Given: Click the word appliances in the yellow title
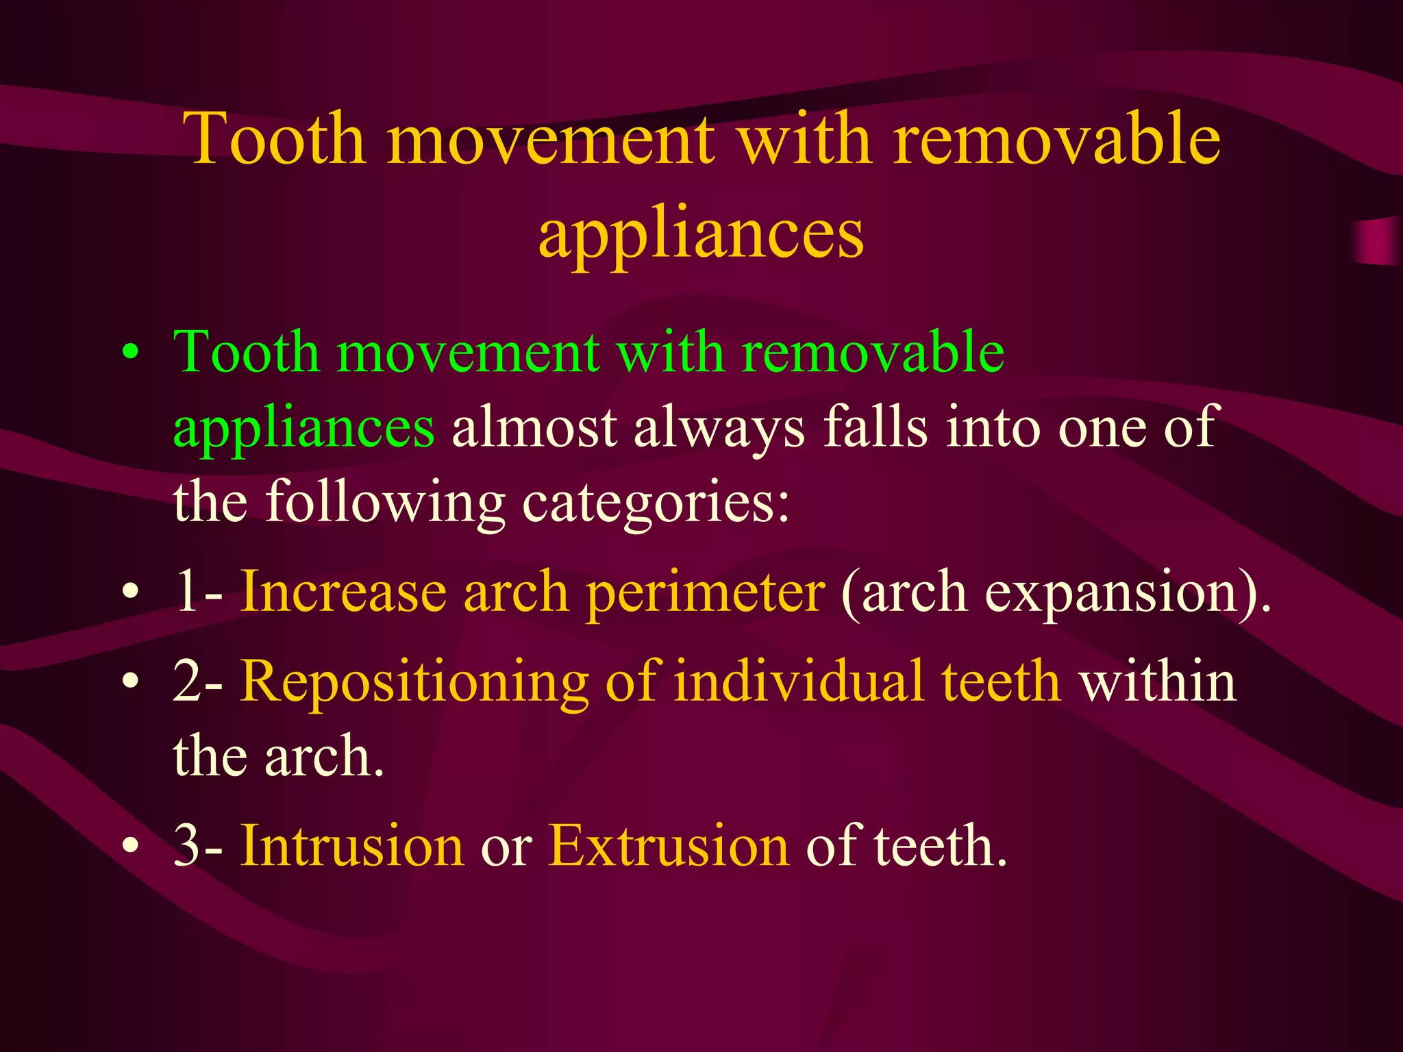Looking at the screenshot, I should pos(701,235).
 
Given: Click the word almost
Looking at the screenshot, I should pos(534,427).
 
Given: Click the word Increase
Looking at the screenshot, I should pos(343,592).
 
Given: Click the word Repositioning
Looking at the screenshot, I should pos(414,682).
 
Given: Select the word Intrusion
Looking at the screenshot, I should pos(352,846).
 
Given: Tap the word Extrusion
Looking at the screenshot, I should pos(668,846).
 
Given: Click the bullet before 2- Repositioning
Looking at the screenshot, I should pos(130,682).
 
